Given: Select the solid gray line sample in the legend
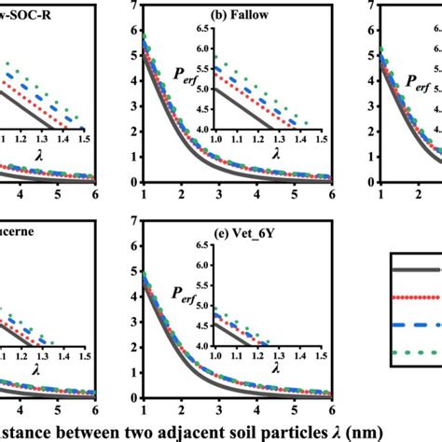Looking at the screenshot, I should coord(415,269).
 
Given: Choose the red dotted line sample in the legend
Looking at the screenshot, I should coord(415,297).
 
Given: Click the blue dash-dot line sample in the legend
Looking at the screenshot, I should coord(415,325).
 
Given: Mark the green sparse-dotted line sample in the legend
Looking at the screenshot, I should coord(415,352).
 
